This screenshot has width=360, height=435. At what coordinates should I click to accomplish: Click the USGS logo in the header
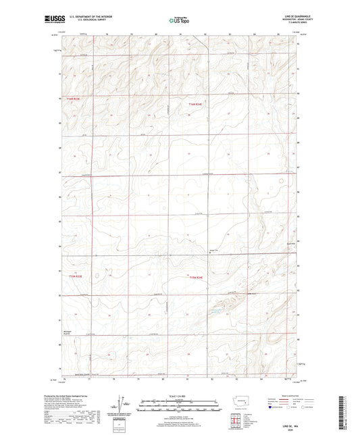55,20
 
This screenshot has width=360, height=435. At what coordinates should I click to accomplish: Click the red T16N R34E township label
195,104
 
